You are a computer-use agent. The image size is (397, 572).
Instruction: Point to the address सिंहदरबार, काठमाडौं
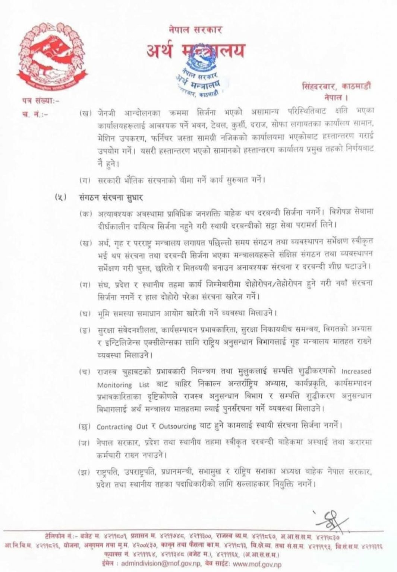coord(337,86)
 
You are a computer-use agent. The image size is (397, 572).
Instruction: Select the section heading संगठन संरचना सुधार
coord(111,197)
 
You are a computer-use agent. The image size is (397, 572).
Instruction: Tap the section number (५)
coord(60,197)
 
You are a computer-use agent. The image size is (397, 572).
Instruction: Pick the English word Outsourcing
coord(177,426)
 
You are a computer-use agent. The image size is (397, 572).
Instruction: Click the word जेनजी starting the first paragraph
coord(107,111)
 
